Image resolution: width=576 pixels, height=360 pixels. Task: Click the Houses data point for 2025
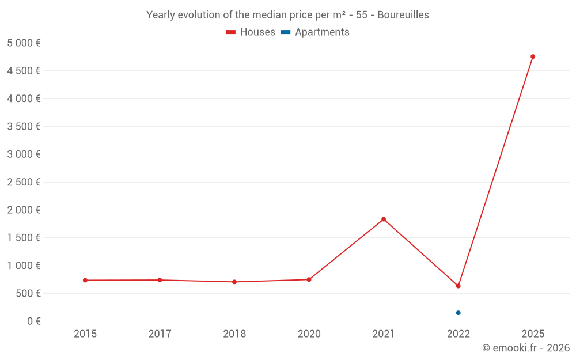[x=533, y=56]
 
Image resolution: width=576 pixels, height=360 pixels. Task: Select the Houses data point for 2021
[x=384, y=219]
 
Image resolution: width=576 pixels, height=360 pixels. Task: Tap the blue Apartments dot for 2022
[x=458, y=313]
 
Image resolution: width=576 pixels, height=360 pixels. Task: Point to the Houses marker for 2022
[x=458, y=286]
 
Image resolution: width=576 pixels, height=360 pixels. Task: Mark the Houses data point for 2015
[x=85, y=280]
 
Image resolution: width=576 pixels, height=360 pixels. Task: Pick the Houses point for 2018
[x=234, y=282]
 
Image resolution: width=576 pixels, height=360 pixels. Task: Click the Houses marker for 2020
[x=309, y=279]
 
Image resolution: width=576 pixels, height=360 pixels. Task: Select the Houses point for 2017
[x=160, y=280]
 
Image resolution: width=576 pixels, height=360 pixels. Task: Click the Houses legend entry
[x=251, y=32]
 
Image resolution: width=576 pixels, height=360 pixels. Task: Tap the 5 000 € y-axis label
[x=24, y=43]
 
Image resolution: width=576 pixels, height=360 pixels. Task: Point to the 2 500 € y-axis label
[x=24, y=182]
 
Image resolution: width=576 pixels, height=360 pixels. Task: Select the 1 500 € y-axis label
[x=24, y=237]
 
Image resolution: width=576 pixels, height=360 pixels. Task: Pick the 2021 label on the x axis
[x=384, y=334]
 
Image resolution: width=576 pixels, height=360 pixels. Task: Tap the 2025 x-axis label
[x=533, y=334]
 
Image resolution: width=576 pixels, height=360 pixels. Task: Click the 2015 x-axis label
[x=85, y=334]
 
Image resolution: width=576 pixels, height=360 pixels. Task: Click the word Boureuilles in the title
[x=403, y=15]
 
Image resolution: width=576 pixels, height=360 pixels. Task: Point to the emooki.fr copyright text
[x=526, y=348]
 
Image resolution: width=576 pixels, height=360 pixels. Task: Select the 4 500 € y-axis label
[x=24, y=71]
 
